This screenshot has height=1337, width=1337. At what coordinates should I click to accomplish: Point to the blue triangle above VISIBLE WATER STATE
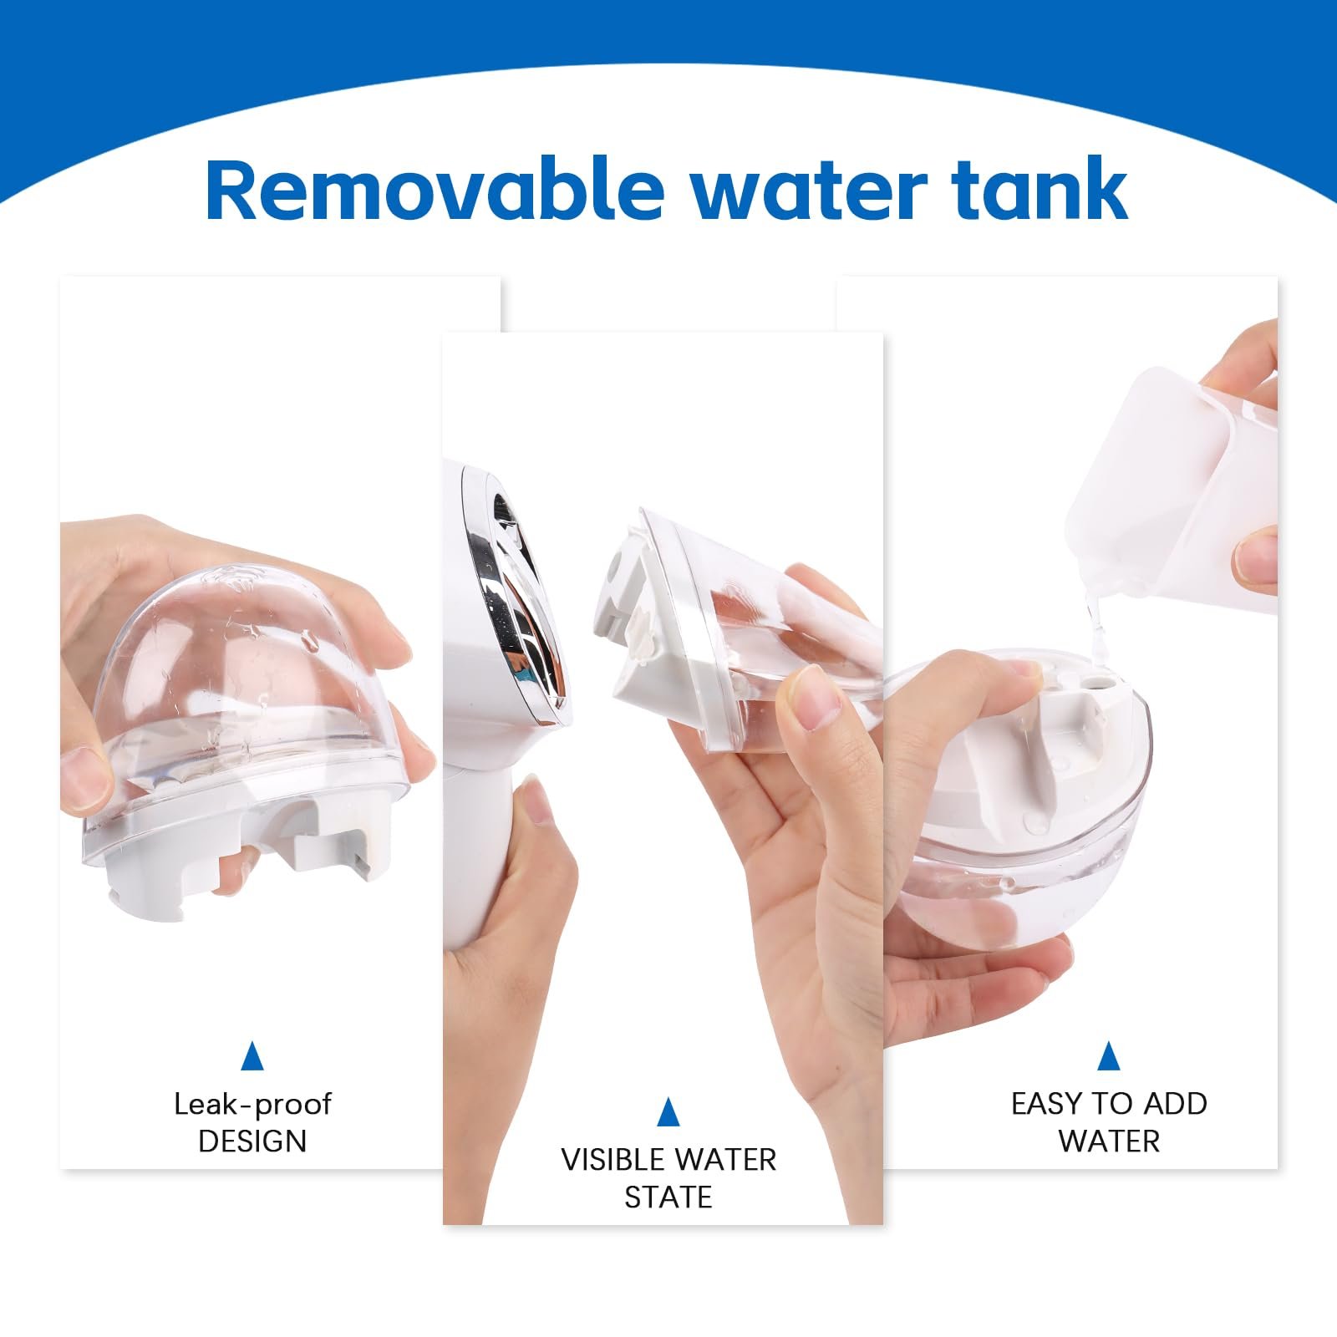pos(668,1112)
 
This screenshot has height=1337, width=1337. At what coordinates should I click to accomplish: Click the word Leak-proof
pos(252,1105)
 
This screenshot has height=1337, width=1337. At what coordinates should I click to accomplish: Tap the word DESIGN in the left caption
pos(252,1141)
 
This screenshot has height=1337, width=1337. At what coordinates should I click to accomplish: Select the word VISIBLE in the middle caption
pos(613,1160)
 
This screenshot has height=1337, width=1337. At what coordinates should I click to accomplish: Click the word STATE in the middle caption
pos(668,1197)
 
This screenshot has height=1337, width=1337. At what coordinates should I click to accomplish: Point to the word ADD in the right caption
pos(1175,1104)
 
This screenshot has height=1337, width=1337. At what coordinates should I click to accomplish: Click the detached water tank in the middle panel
pos(744,635)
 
